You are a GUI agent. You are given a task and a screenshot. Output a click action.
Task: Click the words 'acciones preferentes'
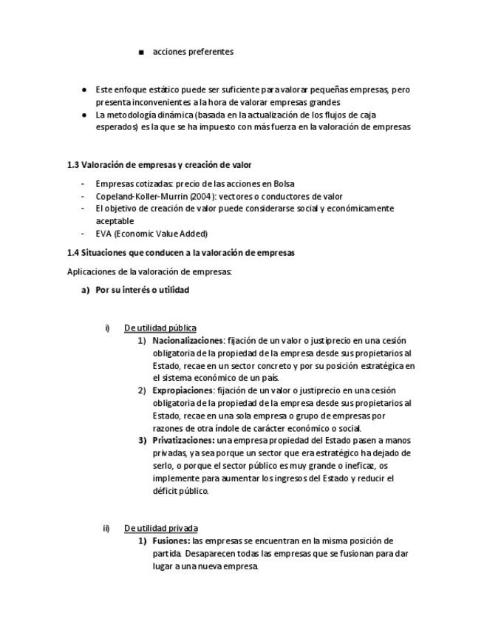(193, 52)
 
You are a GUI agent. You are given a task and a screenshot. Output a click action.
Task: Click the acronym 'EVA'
(103, 234)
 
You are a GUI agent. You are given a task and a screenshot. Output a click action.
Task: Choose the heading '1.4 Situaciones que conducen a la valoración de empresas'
(180, 253)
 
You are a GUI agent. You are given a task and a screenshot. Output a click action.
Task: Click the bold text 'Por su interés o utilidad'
(142, 290)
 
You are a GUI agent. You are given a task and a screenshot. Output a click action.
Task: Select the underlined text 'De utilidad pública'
(160, 328)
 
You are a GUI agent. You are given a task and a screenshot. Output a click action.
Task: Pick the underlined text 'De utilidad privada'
(160, 528)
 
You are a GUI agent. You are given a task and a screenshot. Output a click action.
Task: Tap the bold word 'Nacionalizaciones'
(187, 341)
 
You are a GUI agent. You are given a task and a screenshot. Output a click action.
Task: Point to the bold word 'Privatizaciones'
(183, 440)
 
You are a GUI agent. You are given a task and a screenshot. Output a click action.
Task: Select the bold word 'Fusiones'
(171, 540)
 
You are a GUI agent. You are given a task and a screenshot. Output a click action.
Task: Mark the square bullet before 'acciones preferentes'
(141, 52)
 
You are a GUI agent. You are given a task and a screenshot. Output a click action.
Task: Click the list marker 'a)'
(85, 290)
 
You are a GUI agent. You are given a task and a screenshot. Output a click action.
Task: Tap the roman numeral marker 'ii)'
(106, 528)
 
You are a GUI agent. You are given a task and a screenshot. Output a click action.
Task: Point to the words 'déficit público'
(180, 490)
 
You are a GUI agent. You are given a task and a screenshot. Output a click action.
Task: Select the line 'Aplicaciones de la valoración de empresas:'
(149, 271)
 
